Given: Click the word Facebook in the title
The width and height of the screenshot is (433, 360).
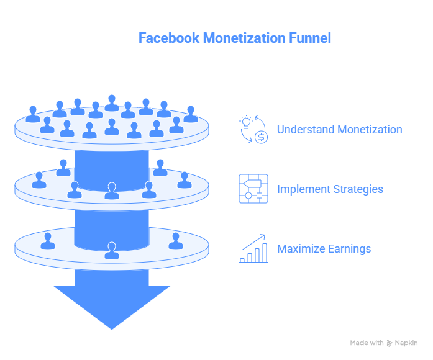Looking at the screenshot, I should click(169, 38).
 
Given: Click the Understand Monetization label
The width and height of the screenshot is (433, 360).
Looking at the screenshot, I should click(339, 130).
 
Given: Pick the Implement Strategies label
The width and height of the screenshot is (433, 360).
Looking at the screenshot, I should click(330, 189).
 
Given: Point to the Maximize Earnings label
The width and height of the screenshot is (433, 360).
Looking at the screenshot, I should click(324, 249).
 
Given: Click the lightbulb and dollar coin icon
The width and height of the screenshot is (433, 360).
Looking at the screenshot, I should click(253, 129).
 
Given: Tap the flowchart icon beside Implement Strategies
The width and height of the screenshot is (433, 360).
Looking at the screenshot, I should click(253, 189).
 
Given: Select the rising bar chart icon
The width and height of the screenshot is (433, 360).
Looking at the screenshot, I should click(253, 248).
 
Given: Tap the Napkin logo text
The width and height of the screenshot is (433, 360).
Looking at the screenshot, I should click(406, 343).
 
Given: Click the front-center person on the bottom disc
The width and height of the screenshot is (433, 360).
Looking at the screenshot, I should click(112, 251).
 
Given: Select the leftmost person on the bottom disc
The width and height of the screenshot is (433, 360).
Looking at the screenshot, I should click(48, 241).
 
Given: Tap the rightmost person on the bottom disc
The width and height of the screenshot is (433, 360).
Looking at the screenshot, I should click(176, 241).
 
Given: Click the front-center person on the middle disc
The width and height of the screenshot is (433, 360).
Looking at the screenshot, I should click(112, 192).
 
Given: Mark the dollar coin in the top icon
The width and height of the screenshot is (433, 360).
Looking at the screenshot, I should click(261, 137).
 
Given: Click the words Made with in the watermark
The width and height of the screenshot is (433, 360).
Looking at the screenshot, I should click(367, 343).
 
